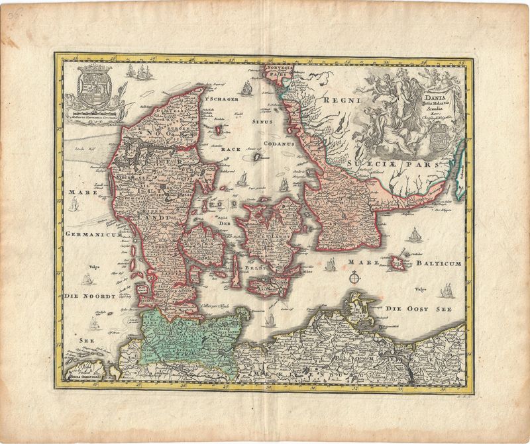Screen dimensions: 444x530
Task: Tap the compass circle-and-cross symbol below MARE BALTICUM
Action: point(357,278)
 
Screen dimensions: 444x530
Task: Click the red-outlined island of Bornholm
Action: point(400,263)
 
